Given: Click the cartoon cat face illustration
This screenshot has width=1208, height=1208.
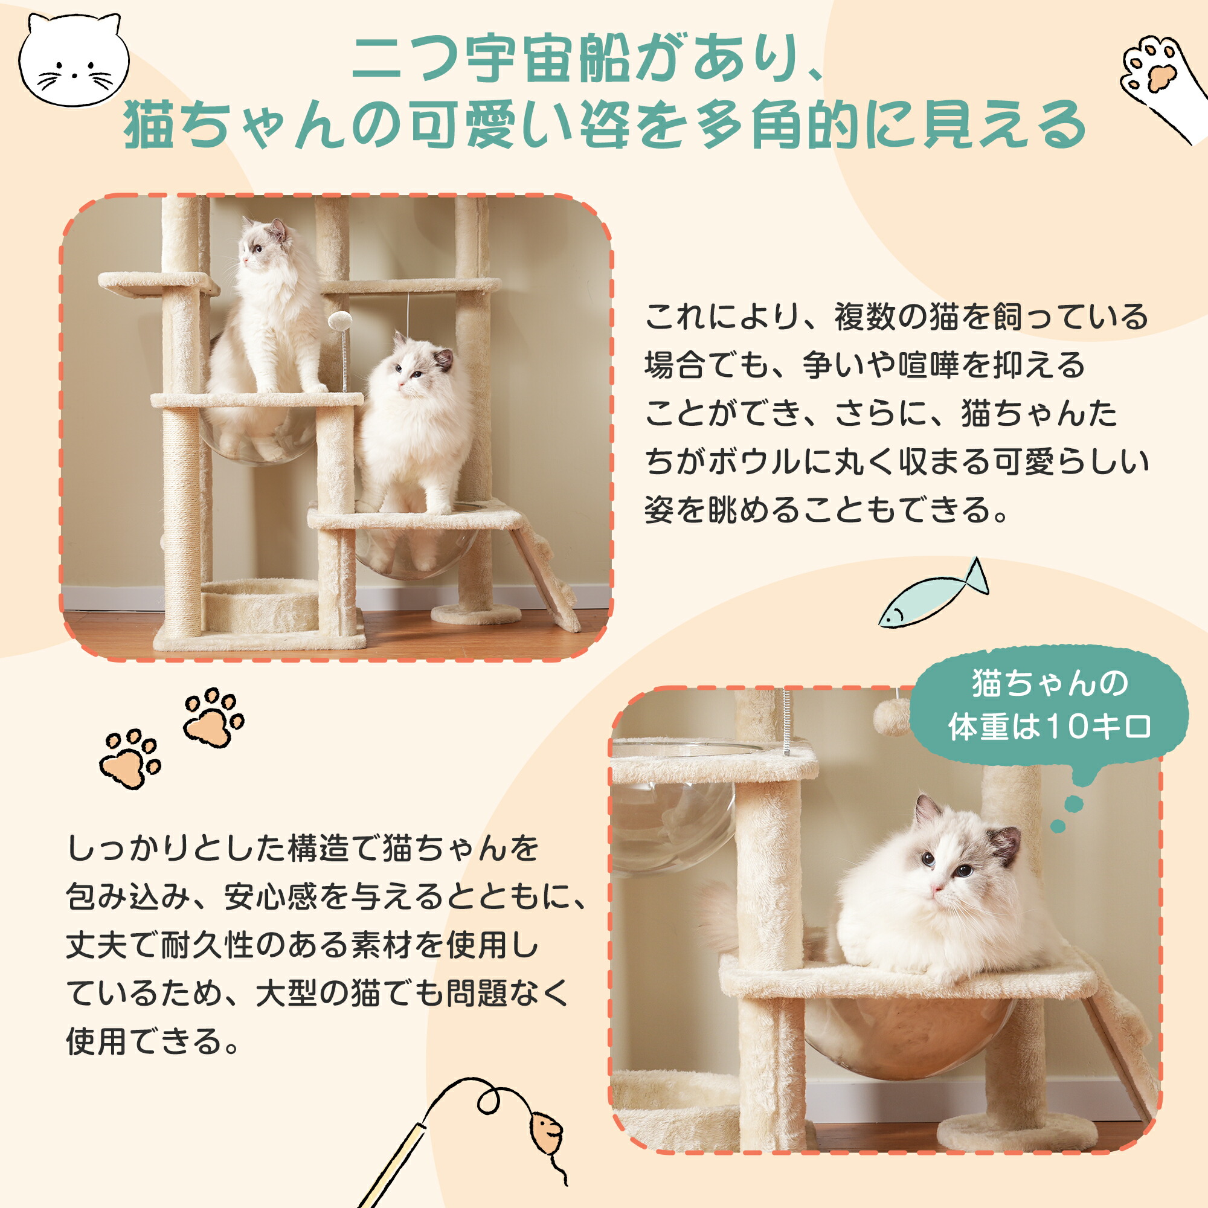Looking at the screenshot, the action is coord(73,60).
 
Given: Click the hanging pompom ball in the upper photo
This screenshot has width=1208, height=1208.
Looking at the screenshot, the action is coord(339,323).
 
